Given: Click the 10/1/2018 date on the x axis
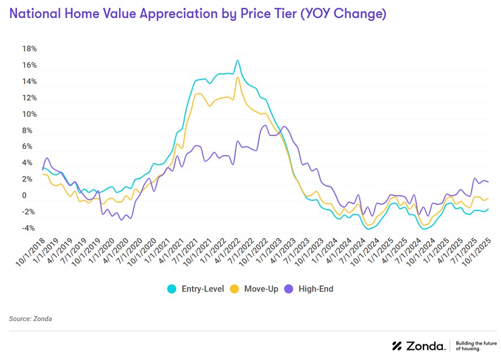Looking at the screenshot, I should click(x=31, y=251).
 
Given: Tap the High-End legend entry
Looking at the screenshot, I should click(x=317, y=289).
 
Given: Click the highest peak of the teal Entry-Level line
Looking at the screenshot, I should click(x=237, y=60).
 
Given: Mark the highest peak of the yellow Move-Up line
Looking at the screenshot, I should click(x=237, y=77).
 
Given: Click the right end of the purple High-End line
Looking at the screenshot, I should click(x=488, y=182).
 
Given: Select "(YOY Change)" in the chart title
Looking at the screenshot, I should click(x=343, y=14).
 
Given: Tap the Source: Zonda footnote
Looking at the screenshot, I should click(x=31, y=319).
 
